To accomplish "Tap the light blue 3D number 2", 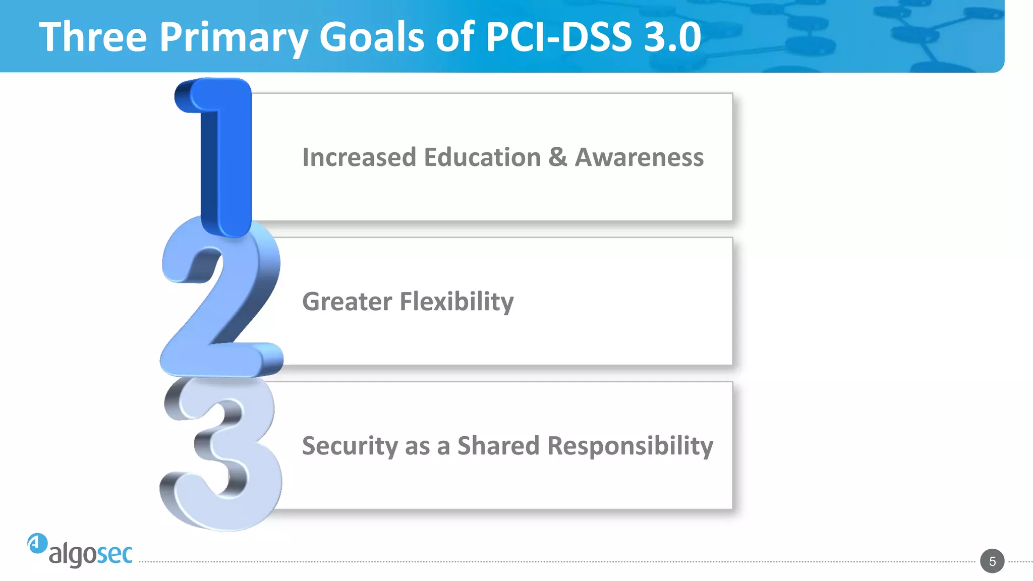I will (222, 303).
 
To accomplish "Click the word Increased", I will (359, 157).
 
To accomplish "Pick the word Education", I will (482, 157).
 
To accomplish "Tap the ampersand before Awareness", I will (557, 157).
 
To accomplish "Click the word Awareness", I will (639, 157).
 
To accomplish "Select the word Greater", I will (347, 302).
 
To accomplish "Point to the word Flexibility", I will (456, 302).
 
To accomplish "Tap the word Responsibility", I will (630, 446).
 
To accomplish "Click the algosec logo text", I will (91, 554).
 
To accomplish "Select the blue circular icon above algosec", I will (37, 543).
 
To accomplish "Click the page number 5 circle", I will (992, 561).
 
